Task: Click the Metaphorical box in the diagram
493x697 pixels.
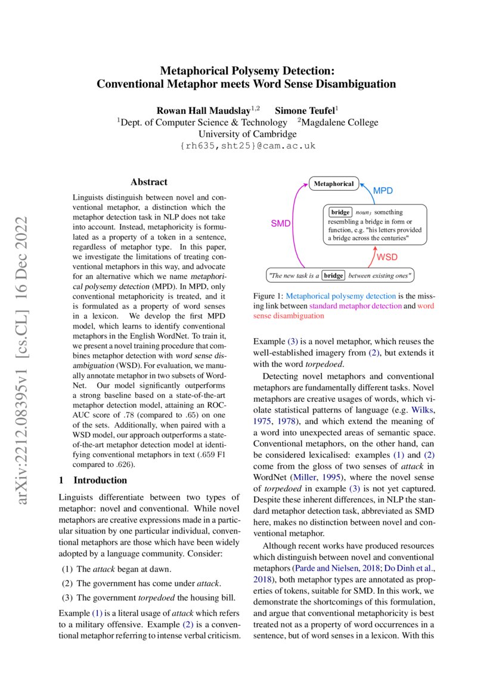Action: tap(334, 184)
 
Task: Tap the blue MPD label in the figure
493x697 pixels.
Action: tap(383, 191)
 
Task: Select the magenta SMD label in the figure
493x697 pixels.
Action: tap(281, 223)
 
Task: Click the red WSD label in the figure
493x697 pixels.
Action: tap(386, 257)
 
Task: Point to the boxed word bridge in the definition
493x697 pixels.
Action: tap(340, 212)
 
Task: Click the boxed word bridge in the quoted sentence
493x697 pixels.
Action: tap(333, 275)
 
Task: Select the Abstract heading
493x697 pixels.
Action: tap(149, 182)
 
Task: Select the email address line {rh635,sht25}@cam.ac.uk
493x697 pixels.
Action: tap(247, 146)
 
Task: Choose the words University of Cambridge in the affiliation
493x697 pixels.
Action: tap(247, 134)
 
